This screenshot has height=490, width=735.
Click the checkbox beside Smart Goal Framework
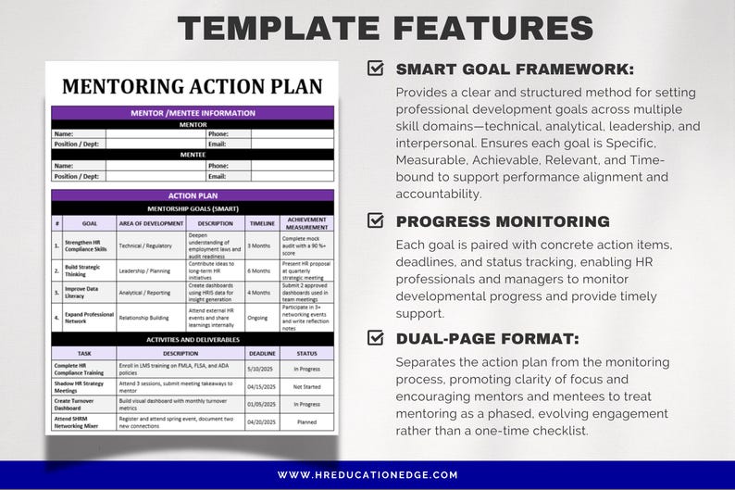376,68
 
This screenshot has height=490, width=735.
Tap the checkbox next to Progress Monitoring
376,220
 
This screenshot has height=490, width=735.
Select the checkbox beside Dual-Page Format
376,337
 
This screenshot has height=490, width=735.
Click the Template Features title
385,27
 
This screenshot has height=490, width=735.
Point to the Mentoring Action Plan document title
193,87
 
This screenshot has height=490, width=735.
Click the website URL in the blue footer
367,475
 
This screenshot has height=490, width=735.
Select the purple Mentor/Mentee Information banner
193,113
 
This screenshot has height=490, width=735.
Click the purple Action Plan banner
193,196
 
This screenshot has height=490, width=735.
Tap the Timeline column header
262,223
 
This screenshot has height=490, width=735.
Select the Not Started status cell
305,386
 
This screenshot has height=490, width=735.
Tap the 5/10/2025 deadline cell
262,370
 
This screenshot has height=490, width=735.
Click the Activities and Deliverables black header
193,340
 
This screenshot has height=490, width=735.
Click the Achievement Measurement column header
306,223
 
